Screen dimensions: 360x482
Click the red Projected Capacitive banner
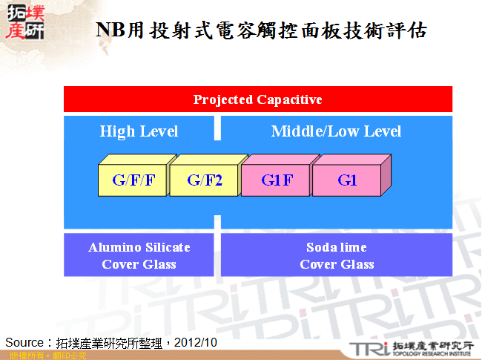pos(257,99)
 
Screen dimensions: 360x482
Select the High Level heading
pos(139,131)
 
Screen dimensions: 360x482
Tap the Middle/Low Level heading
pos(336,131)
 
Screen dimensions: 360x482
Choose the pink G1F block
pos(276,180)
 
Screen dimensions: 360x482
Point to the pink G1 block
pos(347,180)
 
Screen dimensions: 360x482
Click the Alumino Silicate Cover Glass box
pos(139,255)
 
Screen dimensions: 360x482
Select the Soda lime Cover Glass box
pos(336,255)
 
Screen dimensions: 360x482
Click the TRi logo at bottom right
pos(368,348)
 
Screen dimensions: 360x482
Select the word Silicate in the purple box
pos(166,247)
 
